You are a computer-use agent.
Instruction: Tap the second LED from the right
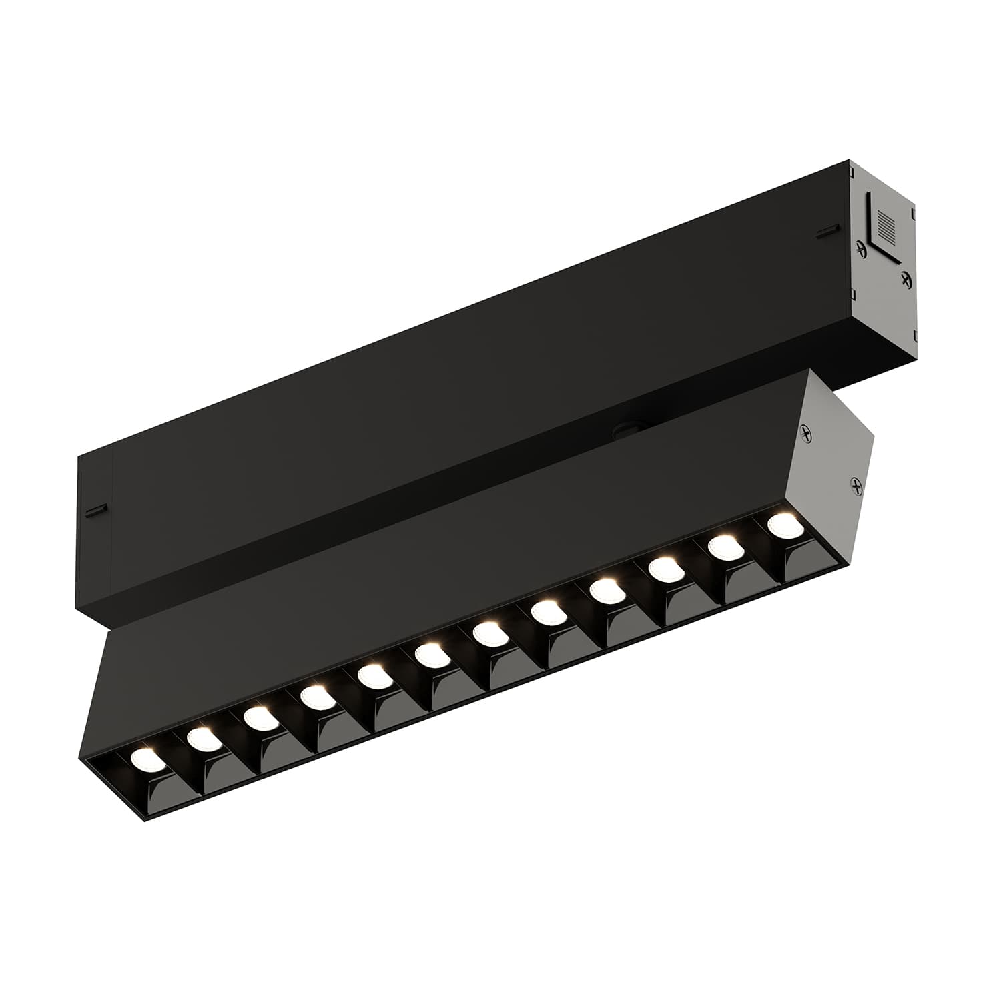723,547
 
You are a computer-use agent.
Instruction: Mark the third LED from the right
663,569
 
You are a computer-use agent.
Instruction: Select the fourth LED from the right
605,590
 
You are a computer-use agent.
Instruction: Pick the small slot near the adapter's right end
825,232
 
